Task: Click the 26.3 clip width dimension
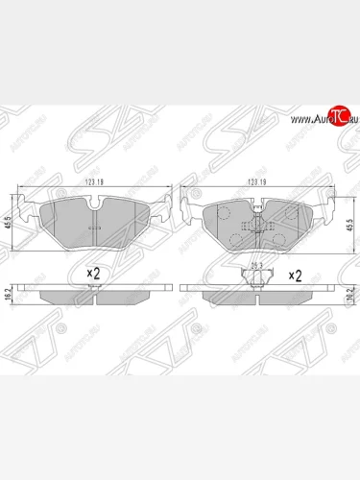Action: click(256, 266)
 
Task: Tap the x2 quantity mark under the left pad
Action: click(93, 274)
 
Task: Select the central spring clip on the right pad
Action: click(256, 227)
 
